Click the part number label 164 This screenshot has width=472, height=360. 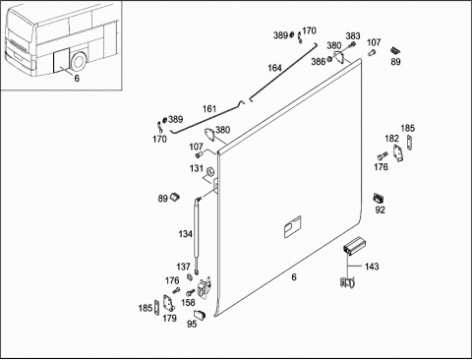274,68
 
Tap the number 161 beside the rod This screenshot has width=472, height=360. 209,109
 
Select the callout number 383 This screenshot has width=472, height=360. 353,35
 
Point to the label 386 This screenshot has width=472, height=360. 318,61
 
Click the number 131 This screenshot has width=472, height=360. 197,168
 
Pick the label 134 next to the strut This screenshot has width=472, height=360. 185,234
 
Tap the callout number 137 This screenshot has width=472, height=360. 183,267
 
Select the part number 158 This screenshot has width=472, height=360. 188,302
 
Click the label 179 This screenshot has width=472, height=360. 169,318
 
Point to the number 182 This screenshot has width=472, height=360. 391,139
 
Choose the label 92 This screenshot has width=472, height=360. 380,210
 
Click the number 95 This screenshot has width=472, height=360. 192,324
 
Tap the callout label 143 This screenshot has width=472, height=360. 372,267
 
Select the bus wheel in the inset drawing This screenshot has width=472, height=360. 79,62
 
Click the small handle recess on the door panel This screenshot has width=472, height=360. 292,226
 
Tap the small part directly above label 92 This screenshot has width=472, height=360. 379,199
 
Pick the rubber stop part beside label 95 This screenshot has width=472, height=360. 200,315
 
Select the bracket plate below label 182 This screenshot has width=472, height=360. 398,153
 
